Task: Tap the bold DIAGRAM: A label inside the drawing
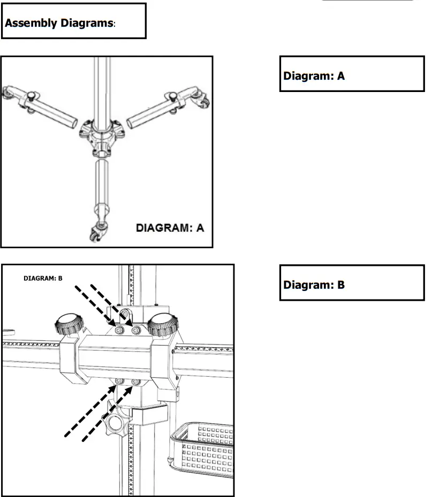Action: tap(170, 228)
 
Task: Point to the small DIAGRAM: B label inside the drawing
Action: tap(43, 278)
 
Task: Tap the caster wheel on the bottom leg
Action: tap(96, 233)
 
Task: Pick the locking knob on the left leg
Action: tap(32, 96)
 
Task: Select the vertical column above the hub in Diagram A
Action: tap(102, 86)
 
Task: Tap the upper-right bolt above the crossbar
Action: tap(136, 332)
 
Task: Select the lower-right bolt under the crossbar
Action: tap(136, 381)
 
